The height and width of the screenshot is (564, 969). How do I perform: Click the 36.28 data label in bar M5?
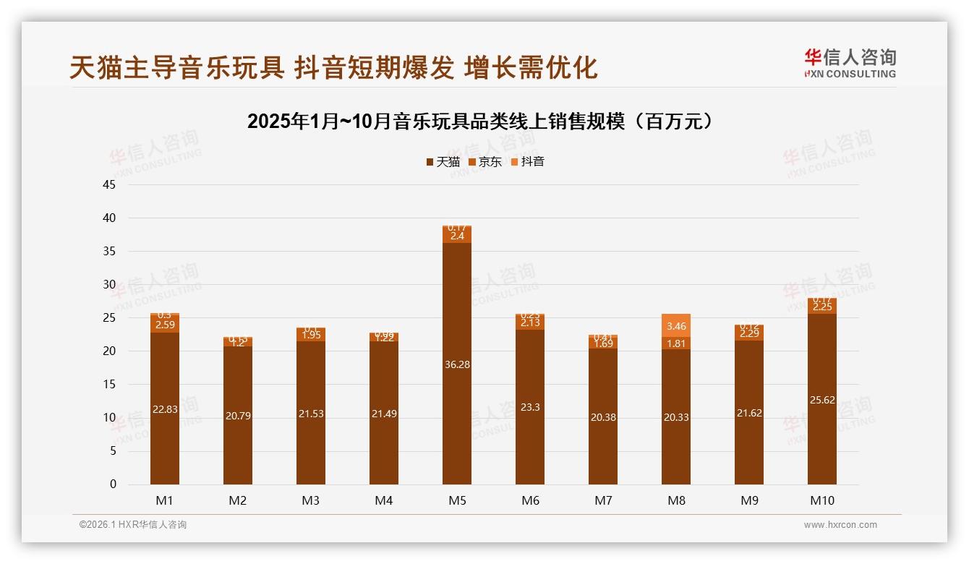coord(457,364)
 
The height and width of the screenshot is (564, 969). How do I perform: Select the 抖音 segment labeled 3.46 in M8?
coord(675,325)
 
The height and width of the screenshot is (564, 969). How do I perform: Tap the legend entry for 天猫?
coord(443,162)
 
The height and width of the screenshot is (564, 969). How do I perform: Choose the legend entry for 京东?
coord(485,162)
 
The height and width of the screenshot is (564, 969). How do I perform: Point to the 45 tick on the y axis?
coord(109,184)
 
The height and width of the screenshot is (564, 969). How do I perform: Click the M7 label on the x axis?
coord(603,500)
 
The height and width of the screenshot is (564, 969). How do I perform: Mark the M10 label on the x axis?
coord(821,500)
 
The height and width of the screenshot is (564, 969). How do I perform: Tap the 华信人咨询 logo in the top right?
coord(850,63)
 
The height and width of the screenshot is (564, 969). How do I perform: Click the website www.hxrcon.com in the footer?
coord(840,525)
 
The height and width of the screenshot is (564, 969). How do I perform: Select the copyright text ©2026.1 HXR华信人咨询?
coord(133,525)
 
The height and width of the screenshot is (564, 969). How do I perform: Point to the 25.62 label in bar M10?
coord(821,400)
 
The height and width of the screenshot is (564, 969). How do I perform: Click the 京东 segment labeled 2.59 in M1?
coord(165,325)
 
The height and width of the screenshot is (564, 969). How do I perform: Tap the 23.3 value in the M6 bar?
coord(530,407)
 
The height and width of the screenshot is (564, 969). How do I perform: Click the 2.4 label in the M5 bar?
coord(457,236)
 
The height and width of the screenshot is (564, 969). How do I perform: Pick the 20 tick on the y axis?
coord(109,351)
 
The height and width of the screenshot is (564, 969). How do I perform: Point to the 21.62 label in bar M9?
coord(748,413)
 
